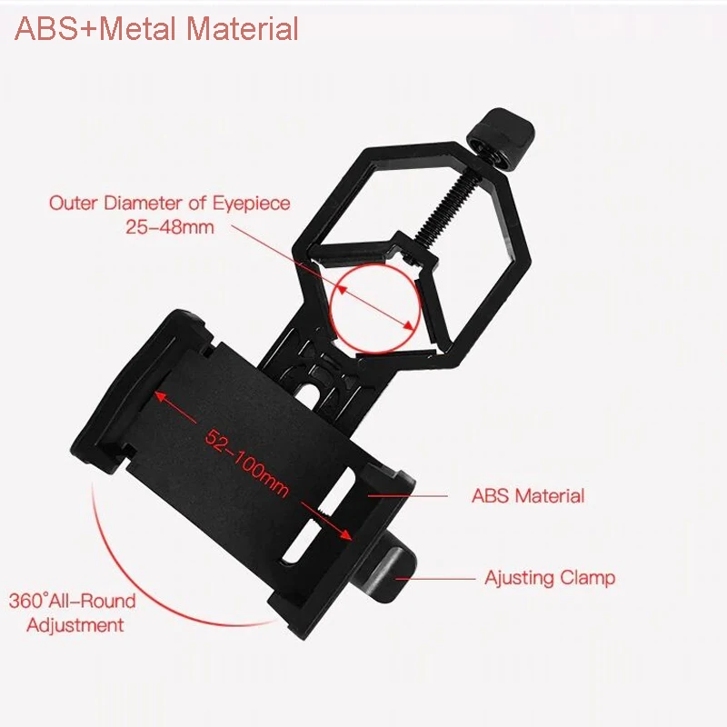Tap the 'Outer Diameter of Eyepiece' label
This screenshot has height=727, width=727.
coord(170,203)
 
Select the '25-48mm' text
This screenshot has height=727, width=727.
coord(170,226)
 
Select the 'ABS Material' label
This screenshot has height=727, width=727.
coord(527,496)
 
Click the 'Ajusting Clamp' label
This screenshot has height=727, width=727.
coord(549,577)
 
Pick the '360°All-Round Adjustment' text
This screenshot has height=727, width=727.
coord(73,612)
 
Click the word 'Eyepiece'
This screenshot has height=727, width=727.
coord(255,203)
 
